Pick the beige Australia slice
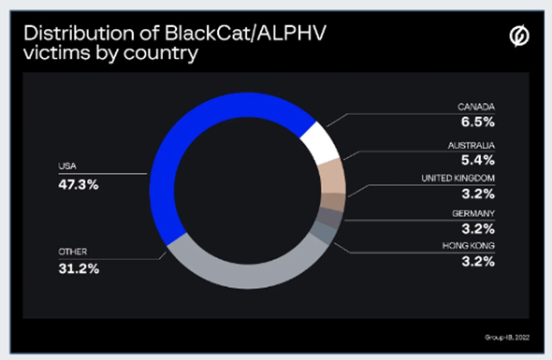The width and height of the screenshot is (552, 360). click(333, 177)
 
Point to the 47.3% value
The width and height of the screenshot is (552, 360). click(77, 183)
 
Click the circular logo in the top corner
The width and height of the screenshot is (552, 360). click(516, 37)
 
